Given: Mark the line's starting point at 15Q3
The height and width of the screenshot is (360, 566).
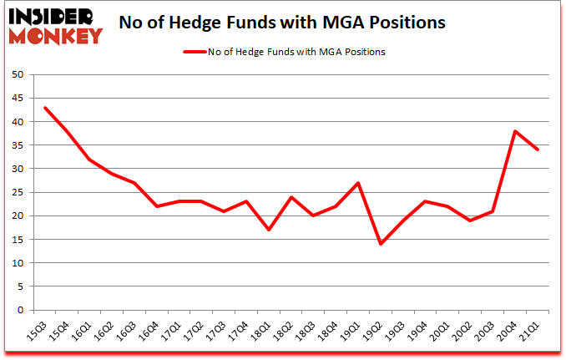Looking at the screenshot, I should pyautogui.click(x=45, y=108).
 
